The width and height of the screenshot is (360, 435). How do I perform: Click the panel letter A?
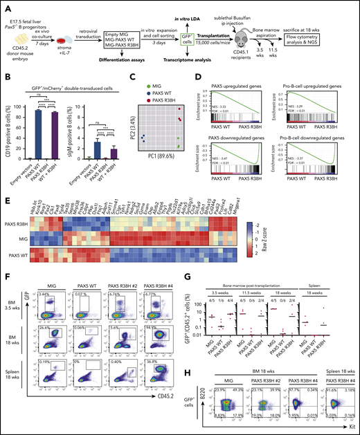click(5, 4)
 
